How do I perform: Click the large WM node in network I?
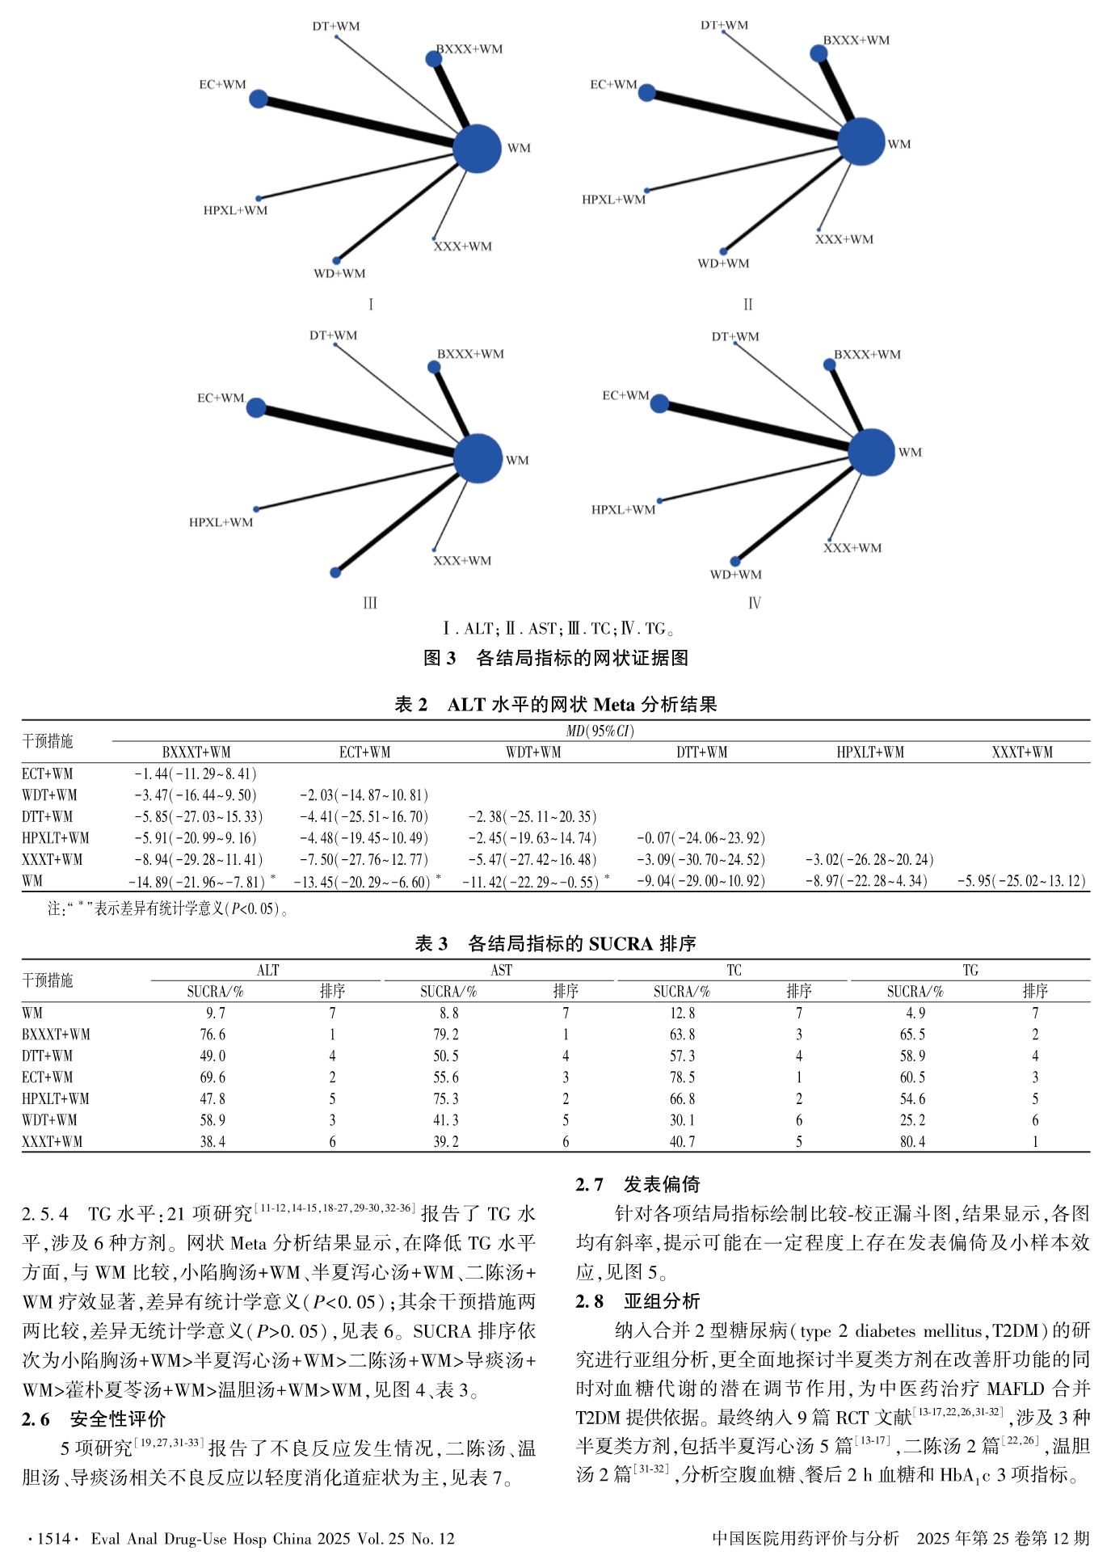pos(477,149)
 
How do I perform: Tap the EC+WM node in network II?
pos(646,93)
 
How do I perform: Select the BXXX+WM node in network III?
pos(434,368)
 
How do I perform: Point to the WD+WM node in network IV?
pos(735,561)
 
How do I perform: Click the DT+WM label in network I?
pos(336,26)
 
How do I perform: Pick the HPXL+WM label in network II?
pos(614,200)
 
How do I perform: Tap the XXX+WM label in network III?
pos(462,560)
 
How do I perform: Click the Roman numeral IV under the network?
pos(754,603)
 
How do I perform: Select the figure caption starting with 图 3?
pos(556,658)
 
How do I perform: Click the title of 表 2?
pos(556,704)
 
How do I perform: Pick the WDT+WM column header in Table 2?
pos(533,752)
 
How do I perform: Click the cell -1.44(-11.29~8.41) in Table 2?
pos(196,773)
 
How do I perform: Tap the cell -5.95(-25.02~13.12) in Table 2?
pos(1021,880)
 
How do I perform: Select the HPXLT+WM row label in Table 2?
pos(56,837)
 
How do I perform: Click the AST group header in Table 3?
pos(501,970)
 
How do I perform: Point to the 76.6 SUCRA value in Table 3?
pos(213,1034)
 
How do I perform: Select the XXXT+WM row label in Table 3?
pos(53,1141)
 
